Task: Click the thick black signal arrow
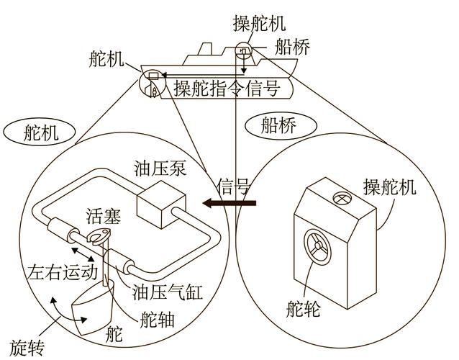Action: [229, 204]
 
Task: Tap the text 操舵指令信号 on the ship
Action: [227, 89]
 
